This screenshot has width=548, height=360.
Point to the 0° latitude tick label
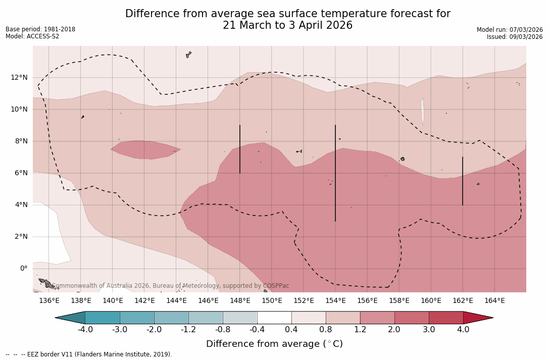click(23, 268)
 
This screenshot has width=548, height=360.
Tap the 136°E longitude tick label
click(49, 300)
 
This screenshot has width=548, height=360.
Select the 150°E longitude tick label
click(272, 300)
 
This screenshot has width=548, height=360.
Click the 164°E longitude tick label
click(494, 300)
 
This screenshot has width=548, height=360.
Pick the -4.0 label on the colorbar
click(85, 330)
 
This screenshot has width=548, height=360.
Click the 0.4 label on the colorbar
click(291, 330)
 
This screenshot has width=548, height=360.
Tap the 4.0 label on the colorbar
click(463, 330)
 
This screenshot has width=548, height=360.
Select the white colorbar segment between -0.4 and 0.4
click(274, 318)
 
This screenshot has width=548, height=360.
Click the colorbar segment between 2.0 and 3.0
click(412, 318)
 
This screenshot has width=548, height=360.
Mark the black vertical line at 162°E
click(463, 181)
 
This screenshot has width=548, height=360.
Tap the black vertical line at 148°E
click(240, 149)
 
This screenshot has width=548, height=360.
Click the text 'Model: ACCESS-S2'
click(32, 36)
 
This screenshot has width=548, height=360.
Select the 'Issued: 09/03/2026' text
click(515, 37)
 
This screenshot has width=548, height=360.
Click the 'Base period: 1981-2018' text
click(40, 29)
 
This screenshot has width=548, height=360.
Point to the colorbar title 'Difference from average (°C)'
click(274, 344)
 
